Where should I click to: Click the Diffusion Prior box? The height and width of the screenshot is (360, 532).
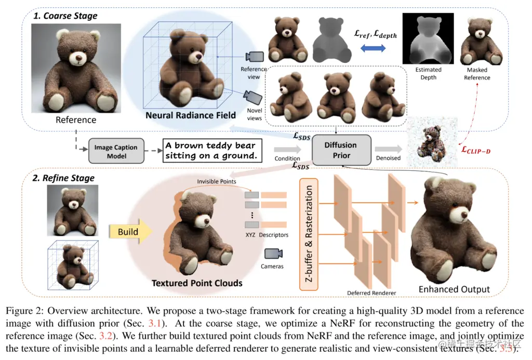[341, 151]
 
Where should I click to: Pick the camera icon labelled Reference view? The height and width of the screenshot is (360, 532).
[255, 57]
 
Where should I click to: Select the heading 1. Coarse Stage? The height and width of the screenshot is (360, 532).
[65, 16]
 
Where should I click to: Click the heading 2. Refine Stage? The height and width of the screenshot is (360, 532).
[63, 178]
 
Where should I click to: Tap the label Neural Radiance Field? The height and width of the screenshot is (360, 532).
[191, 115]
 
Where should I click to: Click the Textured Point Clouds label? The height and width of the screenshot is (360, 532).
[197, 283]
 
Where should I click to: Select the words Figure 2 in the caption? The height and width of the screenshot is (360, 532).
[24, 310]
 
